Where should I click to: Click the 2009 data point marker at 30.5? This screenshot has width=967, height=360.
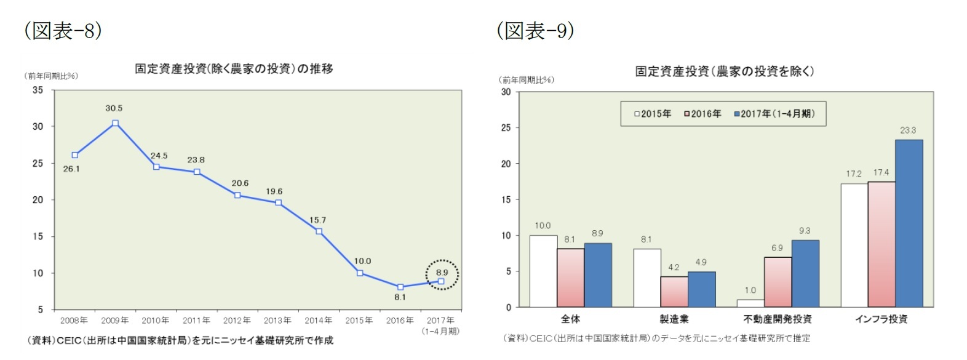pyautogui.click(x=115, y=123)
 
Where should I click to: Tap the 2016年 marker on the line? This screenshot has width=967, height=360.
pyautogui.click(x=400, y=287)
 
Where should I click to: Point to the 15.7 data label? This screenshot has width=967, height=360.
pyautogui.click(x=317, y=220)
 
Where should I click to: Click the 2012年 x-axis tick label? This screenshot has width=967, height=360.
pyautogui.click(x=237, y=320)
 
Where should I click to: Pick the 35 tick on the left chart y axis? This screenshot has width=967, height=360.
pyautogui.click(x=38, y=90)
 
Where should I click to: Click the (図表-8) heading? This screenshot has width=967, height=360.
pyautogui.click(x=63, y=30)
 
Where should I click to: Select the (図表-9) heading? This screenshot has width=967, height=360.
pyautogui.click(x=535, y=30)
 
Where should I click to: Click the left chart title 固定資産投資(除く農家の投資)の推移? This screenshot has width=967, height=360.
pyautogui.click(x=234, y=69)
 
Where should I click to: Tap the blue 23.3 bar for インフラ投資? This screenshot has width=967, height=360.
pyautogui.click(x=909, y=223)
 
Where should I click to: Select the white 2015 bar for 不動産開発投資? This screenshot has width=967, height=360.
pyautogui.click(x=750, y=303)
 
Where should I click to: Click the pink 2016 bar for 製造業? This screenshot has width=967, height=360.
pyautogui.click(x=674, y=292)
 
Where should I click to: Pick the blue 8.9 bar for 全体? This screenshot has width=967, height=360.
pyautogui.click(x=598, y=275)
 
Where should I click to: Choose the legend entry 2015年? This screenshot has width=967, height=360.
pyautogui.click(x=653, y=114)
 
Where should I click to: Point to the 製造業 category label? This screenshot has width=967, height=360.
pyautogui.click(x=674, y=319)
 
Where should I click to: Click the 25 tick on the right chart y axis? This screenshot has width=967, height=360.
pyautogui.click(x=506, y=127)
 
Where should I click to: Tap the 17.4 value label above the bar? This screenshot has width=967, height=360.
pyautogui.click(x=881, y=173)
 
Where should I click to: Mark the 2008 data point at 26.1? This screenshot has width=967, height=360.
pyautogui.click(x=75, y=155)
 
